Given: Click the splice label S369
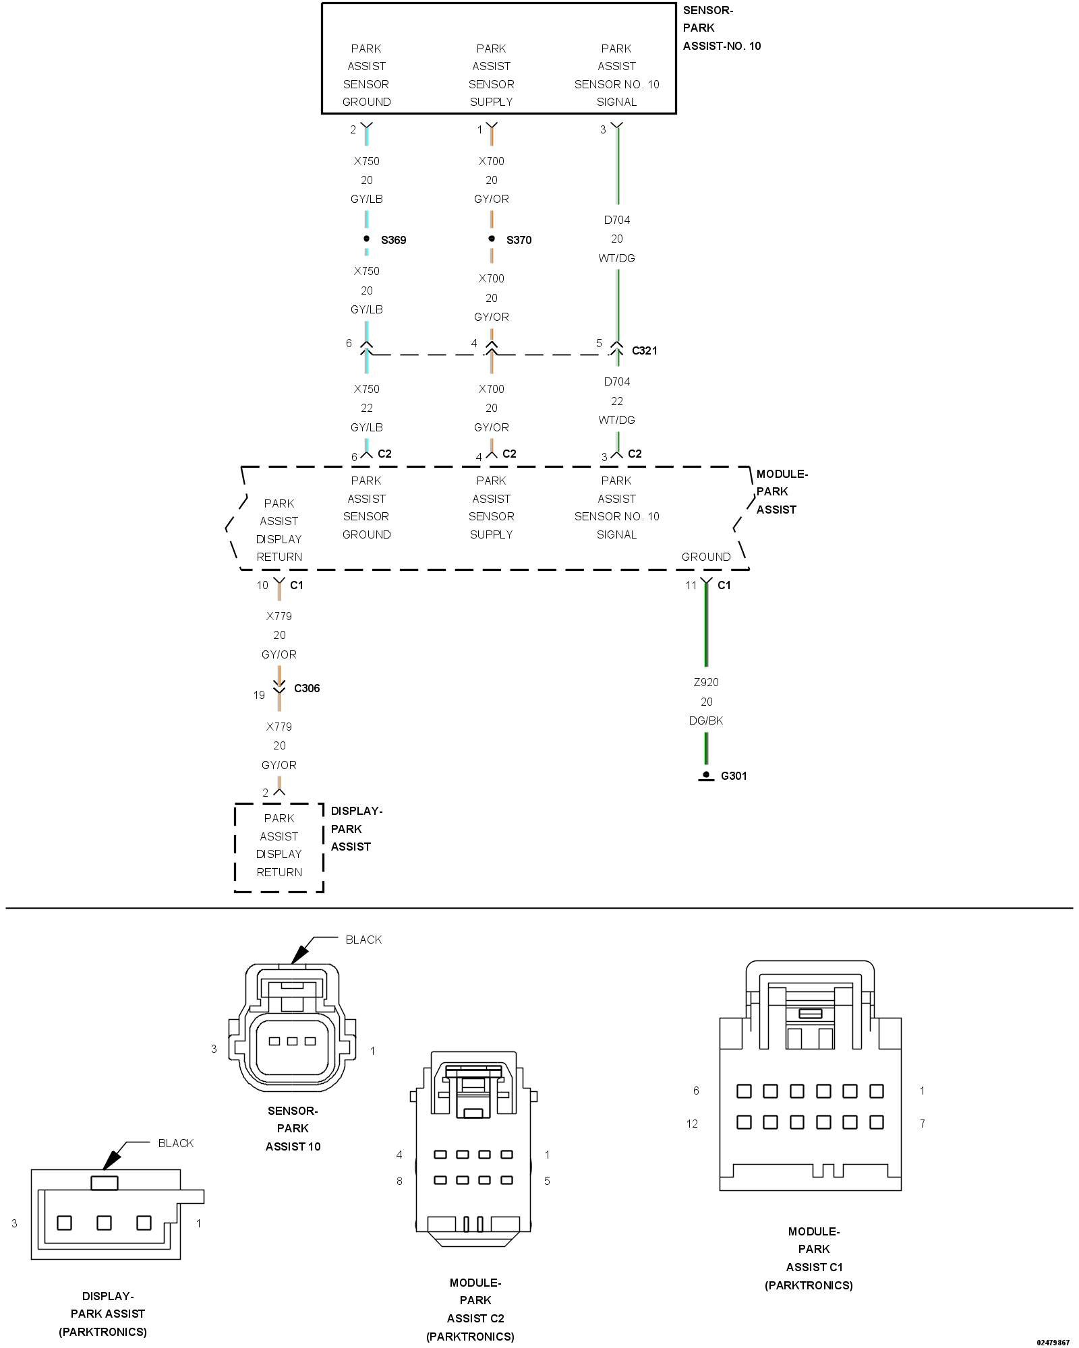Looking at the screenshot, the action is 393,240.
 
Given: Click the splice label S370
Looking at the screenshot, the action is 519,240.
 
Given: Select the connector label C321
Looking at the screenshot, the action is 644,350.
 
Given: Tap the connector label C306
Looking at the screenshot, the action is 307,688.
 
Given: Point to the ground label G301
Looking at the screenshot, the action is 734,776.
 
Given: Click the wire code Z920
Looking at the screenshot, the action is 706,682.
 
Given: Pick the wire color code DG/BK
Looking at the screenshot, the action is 706,721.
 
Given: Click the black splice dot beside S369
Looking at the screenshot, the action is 366,239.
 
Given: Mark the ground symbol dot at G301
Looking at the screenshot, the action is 706,774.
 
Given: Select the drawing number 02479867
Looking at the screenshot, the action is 1053,1343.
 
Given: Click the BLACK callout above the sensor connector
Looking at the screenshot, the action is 363,940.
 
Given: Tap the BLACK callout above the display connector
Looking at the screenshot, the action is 176,1143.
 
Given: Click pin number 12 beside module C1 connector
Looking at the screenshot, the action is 692,1124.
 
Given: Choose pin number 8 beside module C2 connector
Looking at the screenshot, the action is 399,1181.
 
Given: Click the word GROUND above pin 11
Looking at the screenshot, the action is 706,557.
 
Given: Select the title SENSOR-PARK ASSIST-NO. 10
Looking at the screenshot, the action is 722,28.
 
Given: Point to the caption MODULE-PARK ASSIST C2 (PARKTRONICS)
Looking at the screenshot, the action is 471,1310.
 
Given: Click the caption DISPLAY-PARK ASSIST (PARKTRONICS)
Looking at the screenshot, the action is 103,1314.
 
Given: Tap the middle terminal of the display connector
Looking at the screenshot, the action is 104,1223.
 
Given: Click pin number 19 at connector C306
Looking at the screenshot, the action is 259,695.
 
